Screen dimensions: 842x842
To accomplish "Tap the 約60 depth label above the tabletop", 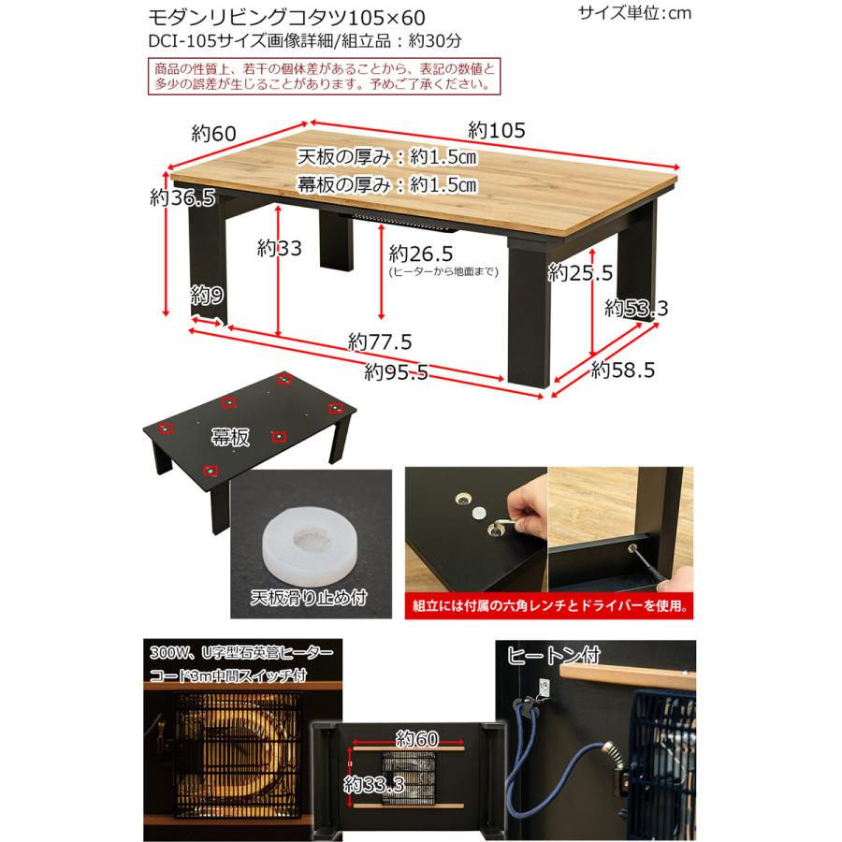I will click(x=214, y=132).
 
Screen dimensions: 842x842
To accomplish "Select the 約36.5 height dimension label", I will click(x=183, y=197).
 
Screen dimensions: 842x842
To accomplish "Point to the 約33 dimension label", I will click(x=279, y=249).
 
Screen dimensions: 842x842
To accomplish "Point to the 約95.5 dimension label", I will click(x=397, y=372).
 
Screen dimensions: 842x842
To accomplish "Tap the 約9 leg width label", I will click(x=207, y=297).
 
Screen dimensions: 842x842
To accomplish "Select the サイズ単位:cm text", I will click(x=635, y=13).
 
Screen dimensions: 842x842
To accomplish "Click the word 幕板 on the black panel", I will click(x=229, y=435).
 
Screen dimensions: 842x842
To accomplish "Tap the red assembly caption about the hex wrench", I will click(x=551, y=605).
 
